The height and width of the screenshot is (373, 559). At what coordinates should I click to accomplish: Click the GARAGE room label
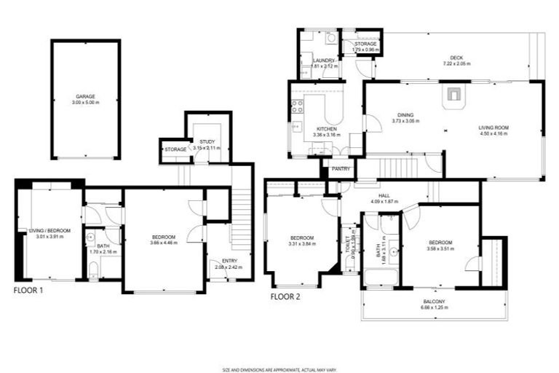85,96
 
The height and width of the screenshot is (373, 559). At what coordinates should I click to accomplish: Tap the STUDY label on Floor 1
207,141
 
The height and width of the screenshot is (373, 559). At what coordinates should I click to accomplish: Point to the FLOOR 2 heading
285,297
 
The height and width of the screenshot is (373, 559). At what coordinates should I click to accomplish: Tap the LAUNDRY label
323,60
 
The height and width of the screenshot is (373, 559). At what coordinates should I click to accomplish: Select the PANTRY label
340,169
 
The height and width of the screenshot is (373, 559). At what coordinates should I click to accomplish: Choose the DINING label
405,115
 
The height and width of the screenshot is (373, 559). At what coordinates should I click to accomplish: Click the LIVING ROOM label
493,128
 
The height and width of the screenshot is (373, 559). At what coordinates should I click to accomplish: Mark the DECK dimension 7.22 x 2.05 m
456,64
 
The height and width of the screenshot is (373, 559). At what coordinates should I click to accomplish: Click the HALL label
385,195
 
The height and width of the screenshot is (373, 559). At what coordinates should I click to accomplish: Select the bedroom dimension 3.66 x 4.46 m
164,243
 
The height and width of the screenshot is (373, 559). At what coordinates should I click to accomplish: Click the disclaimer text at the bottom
279,369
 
